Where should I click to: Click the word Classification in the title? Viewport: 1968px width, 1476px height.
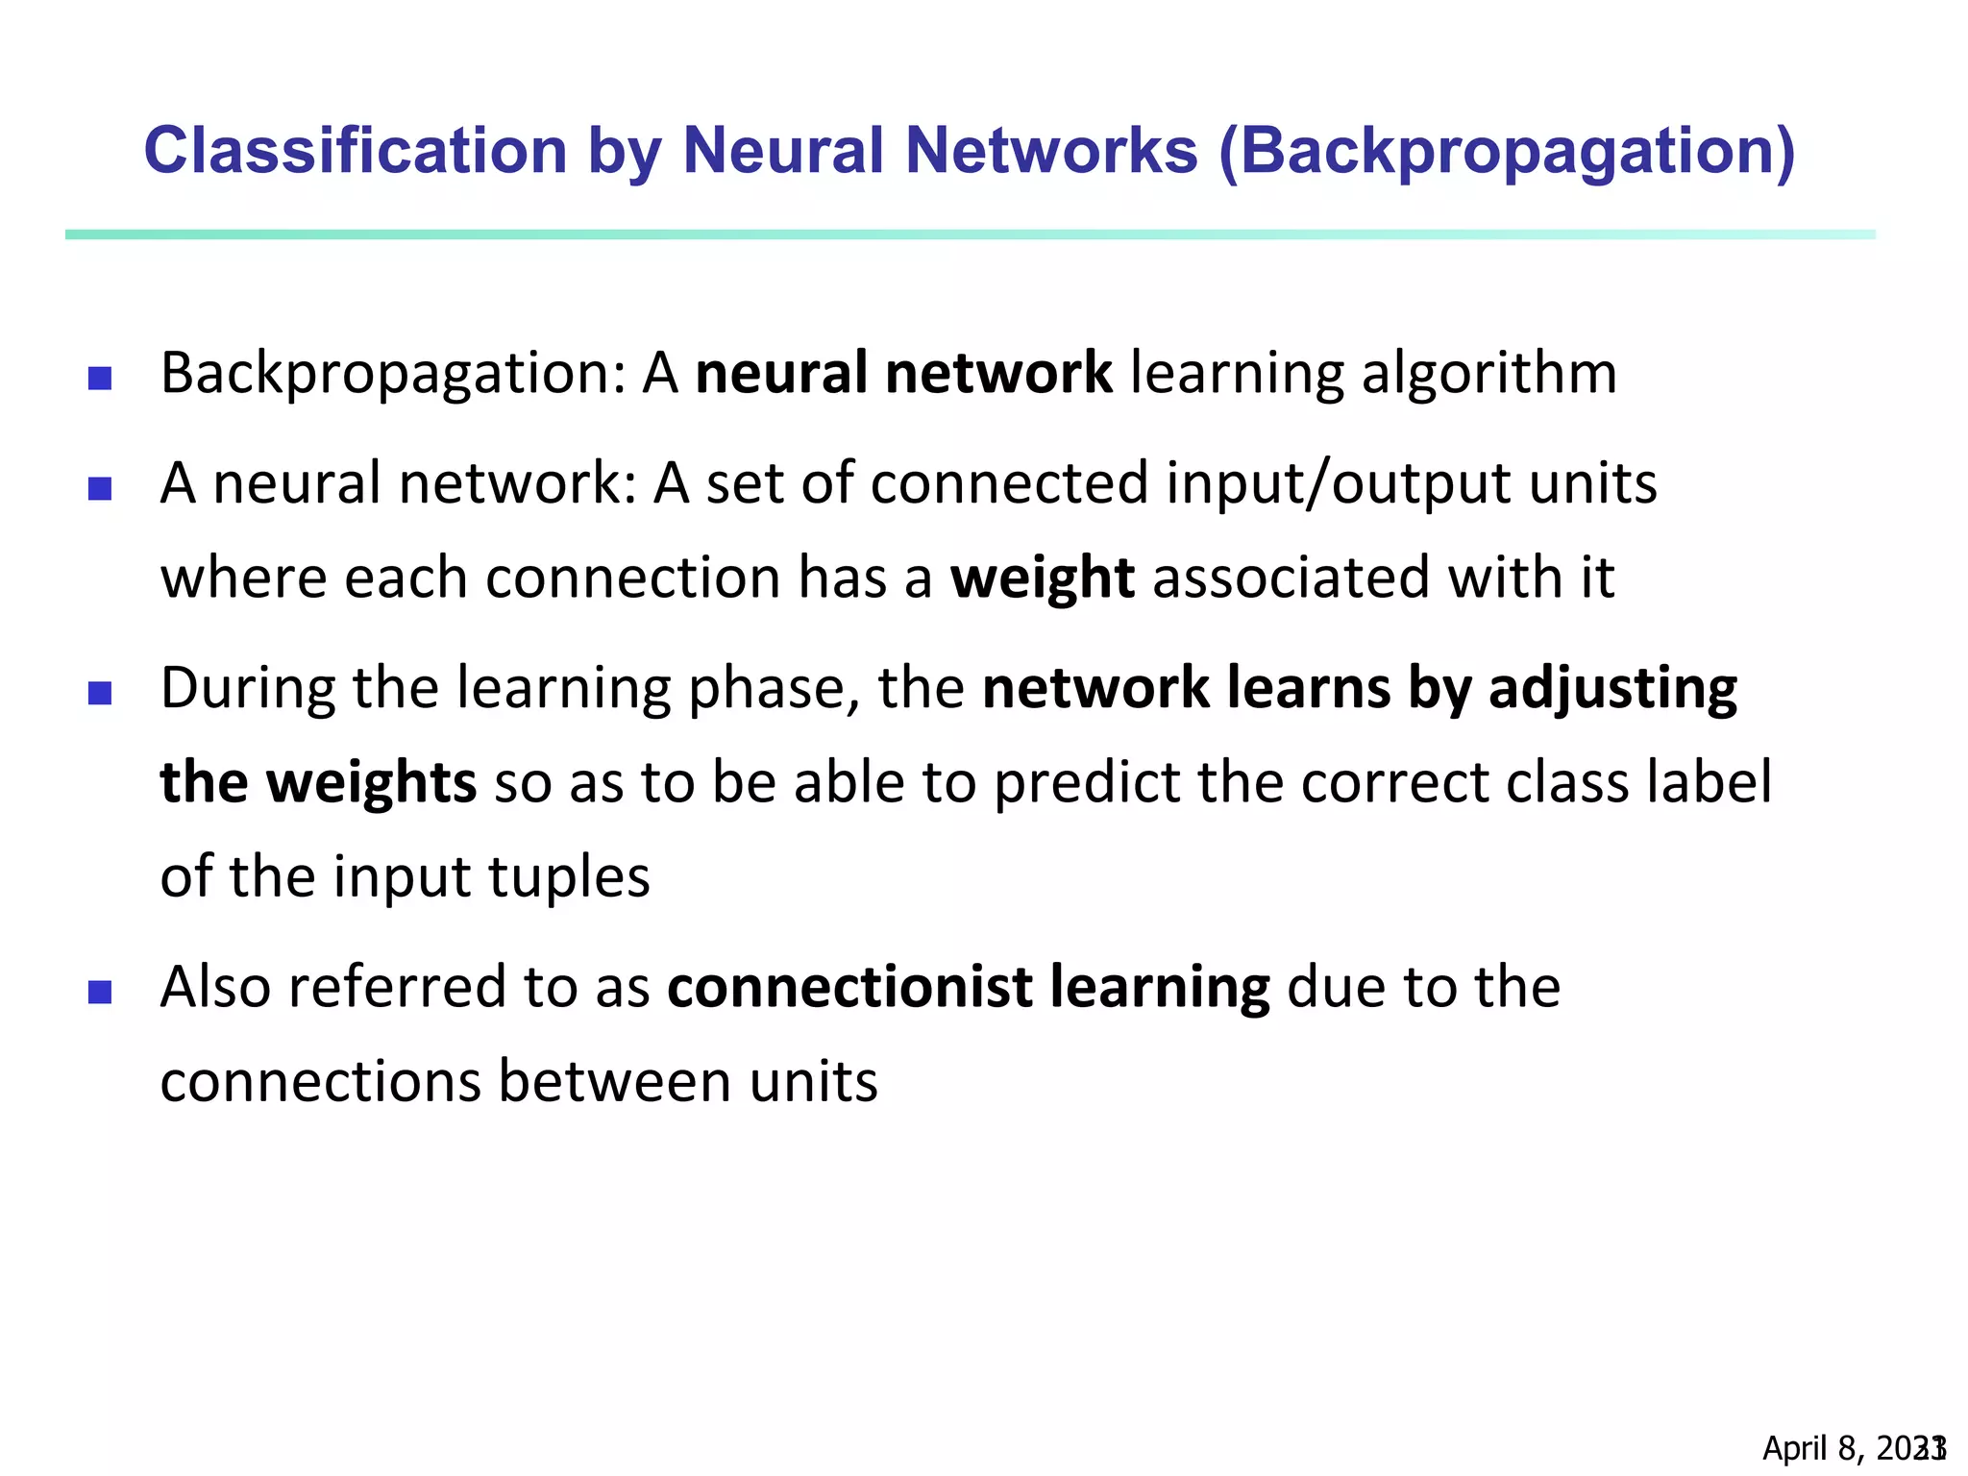pos(356,151)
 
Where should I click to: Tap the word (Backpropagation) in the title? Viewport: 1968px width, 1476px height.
pos(1506,153)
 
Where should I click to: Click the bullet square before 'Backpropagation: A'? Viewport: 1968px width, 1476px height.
pos(100,378)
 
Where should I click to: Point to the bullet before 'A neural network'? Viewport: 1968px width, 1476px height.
pos(100,488)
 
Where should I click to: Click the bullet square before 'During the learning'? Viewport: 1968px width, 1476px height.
pos(100,693)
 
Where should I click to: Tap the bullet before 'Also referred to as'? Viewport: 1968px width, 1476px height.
pos(100,992)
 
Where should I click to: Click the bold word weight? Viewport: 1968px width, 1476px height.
pos(1042,578)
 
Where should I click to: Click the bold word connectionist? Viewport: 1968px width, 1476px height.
pos(849,987)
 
